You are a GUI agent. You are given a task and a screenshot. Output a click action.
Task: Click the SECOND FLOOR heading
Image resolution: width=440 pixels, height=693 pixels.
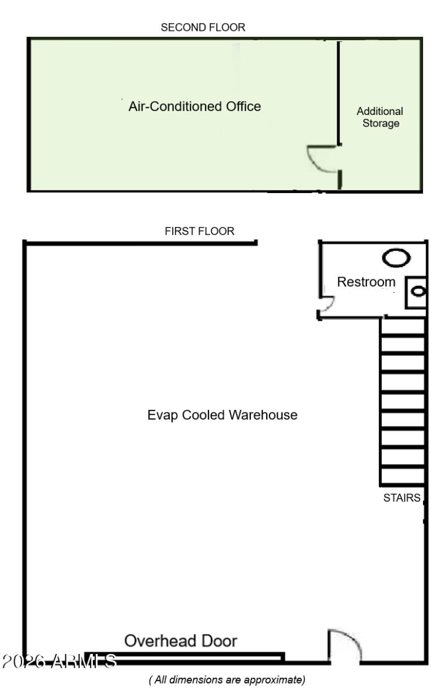pyautogui.click(x=203, y=28)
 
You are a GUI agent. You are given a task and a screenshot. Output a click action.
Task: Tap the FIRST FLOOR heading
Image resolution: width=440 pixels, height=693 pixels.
pyautogui.click(x=199, y=232)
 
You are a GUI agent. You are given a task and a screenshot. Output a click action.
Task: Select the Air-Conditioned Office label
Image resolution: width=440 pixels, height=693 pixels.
pyautogui.click(x=194, y=106)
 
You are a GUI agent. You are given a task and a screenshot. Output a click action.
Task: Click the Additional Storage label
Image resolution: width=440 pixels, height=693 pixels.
pyautogui.click(x=380, y=117)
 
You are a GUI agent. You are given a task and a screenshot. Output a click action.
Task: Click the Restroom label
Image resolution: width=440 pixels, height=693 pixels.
pyautogui.click(x=366, y=282)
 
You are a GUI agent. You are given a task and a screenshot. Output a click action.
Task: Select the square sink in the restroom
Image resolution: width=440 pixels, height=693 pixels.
pyautogui.click(x=416, y=291)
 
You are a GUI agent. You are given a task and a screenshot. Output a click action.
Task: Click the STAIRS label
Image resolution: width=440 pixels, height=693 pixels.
pyautogui.click(x=402, y=498)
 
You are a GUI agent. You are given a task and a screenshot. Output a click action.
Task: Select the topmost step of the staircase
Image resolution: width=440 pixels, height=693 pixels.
pyautogui.click(x=402, y=328)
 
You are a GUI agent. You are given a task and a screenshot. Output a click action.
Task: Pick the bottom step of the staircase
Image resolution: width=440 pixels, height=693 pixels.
pyautogui.click(x=402, y=476)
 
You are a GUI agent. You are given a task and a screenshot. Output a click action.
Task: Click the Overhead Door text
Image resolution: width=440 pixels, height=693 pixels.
pyautogui.click(x=181, y=641)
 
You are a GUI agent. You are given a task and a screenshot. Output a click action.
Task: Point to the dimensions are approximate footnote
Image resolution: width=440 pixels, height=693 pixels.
pyautogui.click(x=227, y=680)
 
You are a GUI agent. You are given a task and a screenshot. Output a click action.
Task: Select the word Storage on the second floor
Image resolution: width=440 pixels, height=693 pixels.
pyautogui.click(x=380, y=123)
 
